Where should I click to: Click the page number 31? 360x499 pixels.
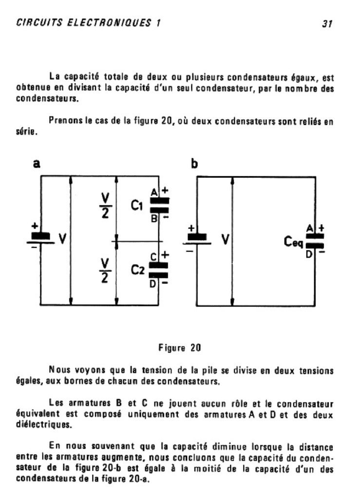[x=326, y=23]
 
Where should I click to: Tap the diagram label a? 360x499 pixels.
[x=36, y=164]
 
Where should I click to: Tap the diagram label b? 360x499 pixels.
[x=194, y=164]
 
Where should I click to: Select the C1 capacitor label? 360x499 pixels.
[x=137, y=206]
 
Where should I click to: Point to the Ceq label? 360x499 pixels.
[x=294, y=241]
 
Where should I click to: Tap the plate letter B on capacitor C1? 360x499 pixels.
[x=153, y=219]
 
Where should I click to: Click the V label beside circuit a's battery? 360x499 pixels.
[x=62, y=239]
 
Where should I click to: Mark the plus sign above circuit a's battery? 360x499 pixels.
[x=35, y=226]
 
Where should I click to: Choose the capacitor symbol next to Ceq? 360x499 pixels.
[x=314, y=241]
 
